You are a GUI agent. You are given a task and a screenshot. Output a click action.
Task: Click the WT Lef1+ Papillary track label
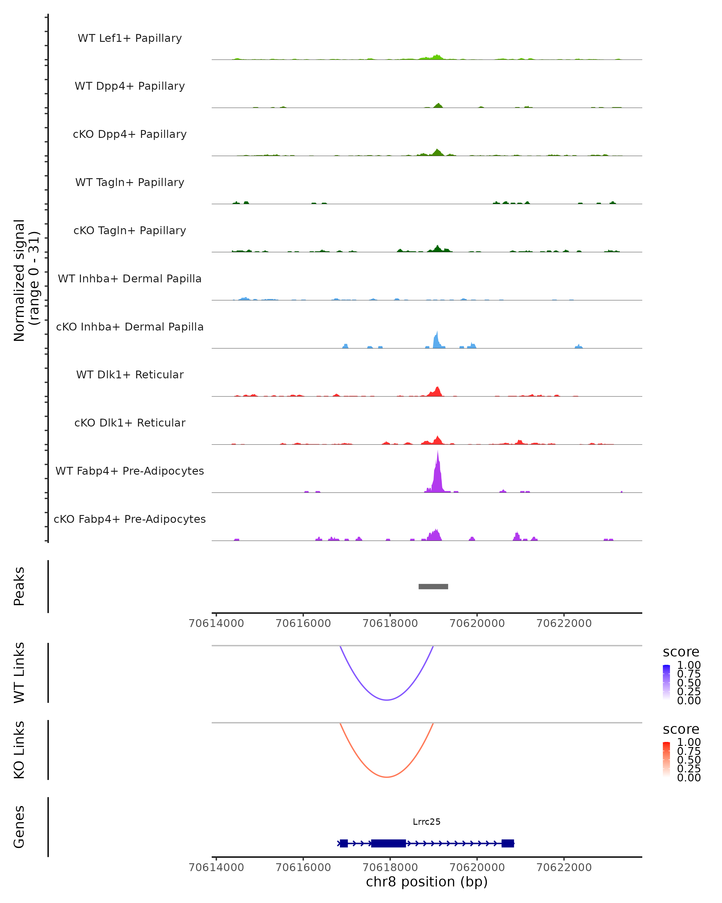click(130, 38)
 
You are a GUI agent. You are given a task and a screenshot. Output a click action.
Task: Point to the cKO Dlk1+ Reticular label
click(130, 423)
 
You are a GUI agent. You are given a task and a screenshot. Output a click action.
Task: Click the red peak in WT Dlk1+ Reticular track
click(437, 392)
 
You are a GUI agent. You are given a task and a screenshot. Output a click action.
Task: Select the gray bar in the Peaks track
click(433, 586)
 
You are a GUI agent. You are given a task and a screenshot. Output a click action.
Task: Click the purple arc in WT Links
click(387, 700)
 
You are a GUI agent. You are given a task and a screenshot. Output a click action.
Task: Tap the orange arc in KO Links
click(387, 777)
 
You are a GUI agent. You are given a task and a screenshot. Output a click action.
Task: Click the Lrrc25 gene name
click(427, 822)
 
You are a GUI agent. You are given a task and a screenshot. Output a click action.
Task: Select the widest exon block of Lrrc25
click(388, 843)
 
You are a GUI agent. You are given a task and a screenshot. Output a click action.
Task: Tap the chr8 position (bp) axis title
click(427, 882)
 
